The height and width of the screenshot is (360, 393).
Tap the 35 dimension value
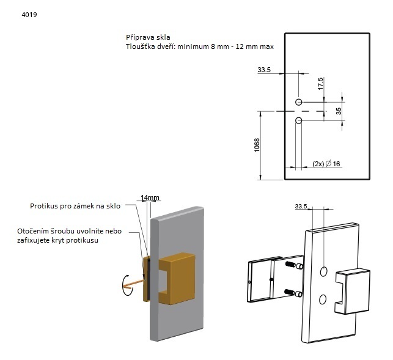coord(339,111)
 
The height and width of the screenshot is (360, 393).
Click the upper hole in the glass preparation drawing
coord(299,101)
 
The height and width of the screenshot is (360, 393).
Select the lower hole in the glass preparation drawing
coord(299,120)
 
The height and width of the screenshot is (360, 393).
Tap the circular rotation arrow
coord(126,284)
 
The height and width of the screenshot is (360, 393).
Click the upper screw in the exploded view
coord(291,265)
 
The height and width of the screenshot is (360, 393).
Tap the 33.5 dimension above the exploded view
coord(300,207)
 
